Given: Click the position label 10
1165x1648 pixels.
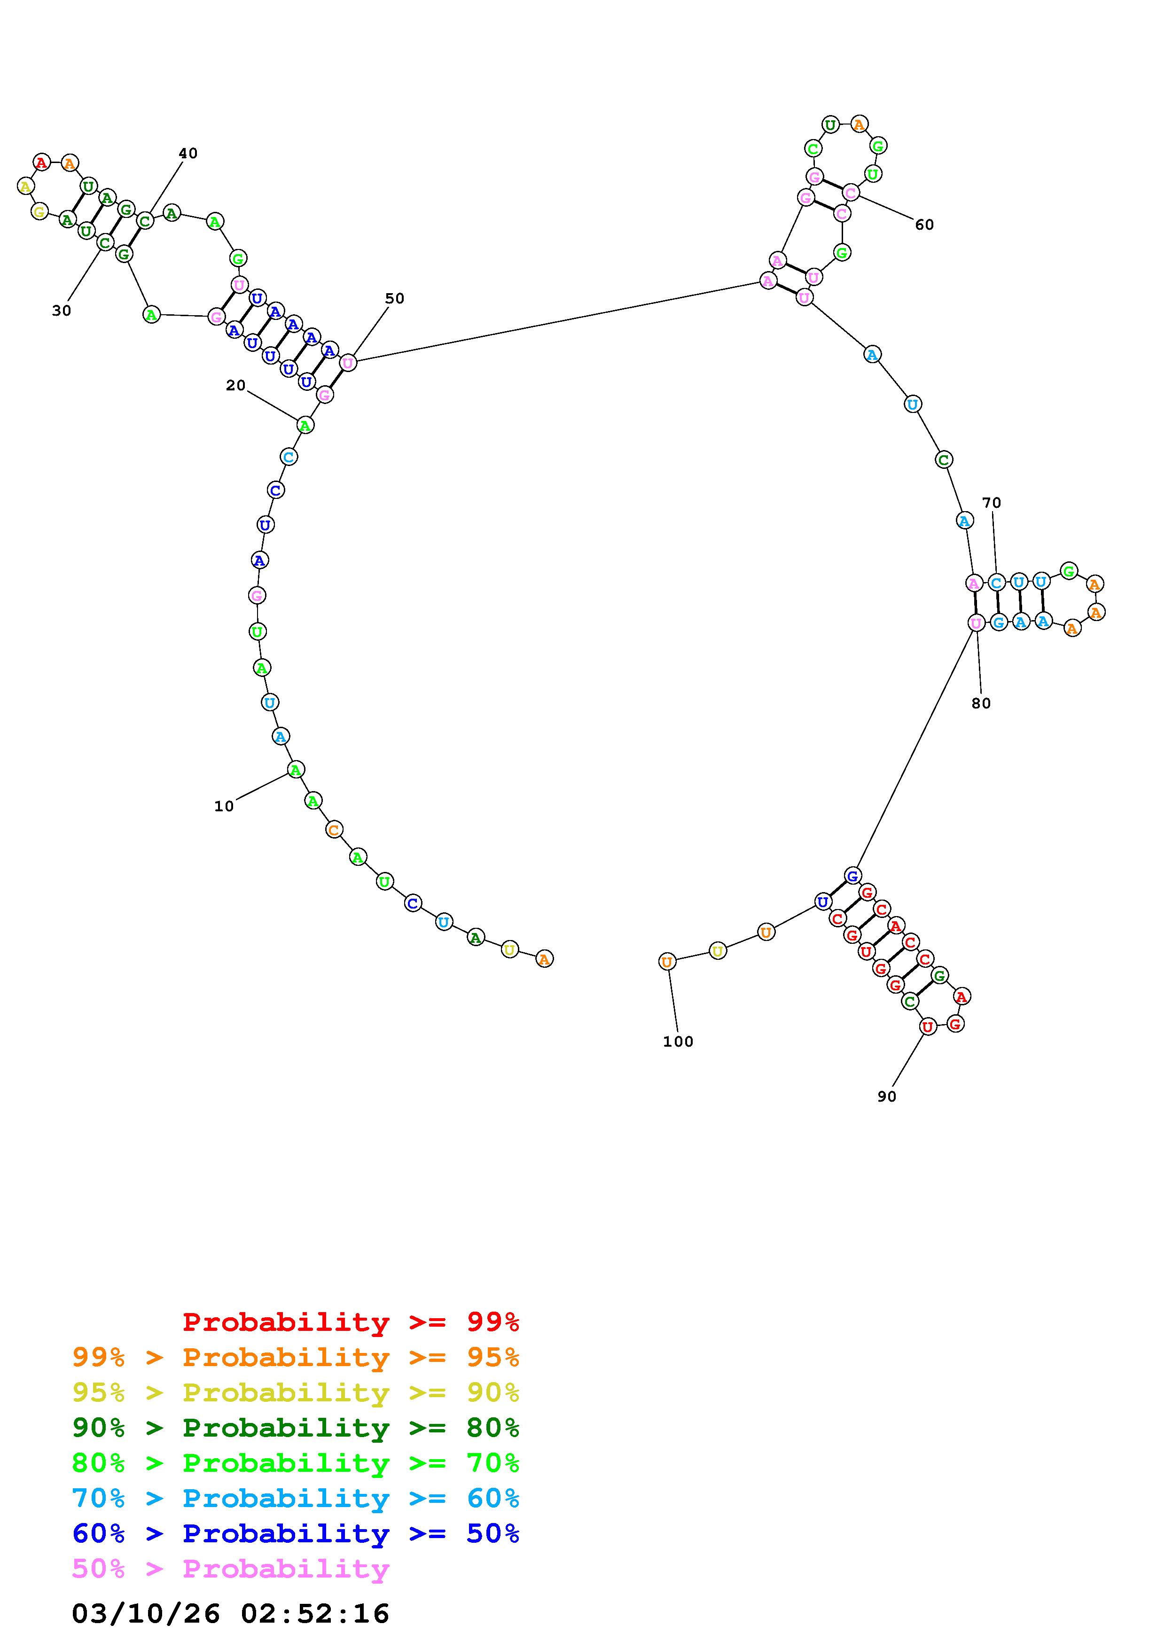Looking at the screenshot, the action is [x=224, y=806].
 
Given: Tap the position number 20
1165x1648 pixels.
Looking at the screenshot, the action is [x=235, y=385].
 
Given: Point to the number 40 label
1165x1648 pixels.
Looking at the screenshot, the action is [x=188, y=153].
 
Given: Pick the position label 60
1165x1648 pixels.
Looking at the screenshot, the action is [x=924, y=225].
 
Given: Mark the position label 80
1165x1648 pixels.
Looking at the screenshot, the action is [x=981, y=703].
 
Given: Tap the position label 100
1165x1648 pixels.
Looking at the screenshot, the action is [x=678, y=1042].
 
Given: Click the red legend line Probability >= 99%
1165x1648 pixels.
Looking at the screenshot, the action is [x=351, y=1322].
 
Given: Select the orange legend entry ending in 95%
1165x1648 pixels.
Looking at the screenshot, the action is [x=296, y=1357].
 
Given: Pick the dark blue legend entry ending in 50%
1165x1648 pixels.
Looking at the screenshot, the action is [x=296, y=1533].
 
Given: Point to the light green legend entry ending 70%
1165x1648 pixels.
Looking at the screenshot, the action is [x=296, y=1463].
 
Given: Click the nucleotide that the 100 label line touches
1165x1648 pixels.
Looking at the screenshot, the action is [x=667, y=961].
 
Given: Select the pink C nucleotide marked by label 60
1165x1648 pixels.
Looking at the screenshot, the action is [x=851, y=192].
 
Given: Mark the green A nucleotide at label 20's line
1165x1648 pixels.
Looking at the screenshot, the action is [x=305, y=426].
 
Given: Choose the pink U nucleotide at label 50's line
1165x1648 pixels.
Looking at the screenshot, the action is [x=347, y=363].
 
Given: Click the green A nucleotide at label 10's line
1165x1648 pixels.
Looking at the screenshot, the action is [x=295, y=770].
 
